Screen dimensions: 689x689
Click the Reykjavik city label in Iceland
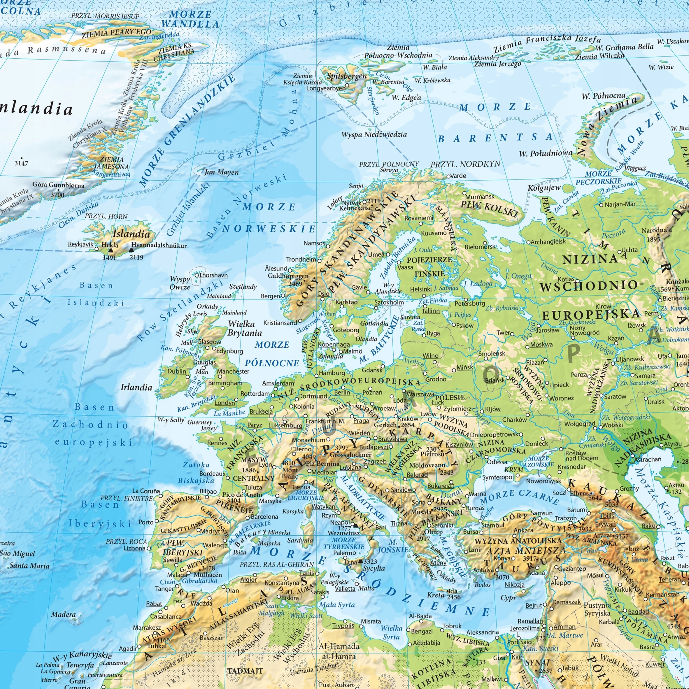pyautogui.click(x=80, y=244)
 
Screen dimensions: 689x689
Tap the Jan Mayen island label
pyautogui.click(x=222, y=172)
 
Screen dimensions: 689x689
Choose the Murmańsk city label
pyautogui.click(x=480, y=196)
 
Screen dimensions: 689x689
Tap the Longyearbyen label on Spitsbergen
pyautogui.click(x=326, y=88)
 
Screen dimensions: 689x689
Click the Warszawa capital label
pyautogui.click(x=420, y=394)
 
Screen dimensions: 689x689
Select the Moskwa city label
pyautogui.click(x=541, y=344)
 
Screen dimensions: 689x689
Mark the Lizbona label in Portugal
pyautogui.click(x=135, y=548)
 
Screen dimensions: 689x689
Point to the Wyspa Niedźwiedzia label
pyautogui.click(x=374, y=135)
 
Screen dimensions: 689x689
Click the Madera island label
pyautogui.click(x=63, y=614)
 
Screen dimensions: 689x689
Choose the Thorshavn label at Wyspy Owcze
pyautogui.click(x=213, y=275)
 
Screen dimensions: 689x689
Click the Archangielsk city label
pyautogui.click(x=548, y=242)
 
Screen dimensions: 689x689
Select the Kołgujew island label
pyautogui.click(x=544, y=188)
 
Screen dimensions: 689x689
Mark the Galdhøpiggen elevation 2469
pyautogui.click(x=295, y=283)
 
